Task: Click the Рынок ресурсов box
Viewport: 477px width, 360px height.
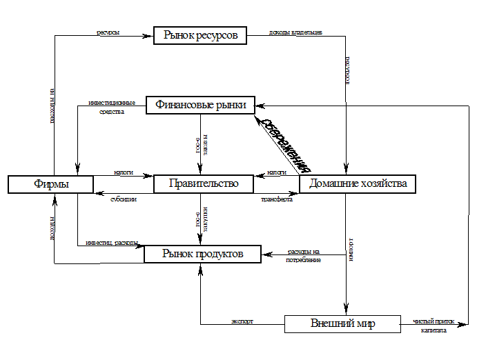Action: coord(200,35)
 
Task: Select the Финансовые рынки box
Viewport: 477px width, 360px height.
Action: coord(200,105)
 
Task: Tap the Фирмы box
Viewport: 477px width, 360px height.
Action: coord(50,184)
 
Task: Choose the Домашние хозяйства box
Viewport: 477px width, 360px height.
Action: coord(358,183)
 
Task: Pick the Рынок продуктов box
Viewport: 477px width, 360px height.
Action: coord(202,254)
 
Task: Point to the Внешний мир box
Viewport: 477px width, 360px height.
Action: coord(342,323)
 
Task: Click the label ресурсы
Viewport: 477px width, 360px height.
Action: coord(108,31)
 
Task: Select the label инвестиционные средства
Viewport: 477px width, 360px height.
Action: coord(112,106)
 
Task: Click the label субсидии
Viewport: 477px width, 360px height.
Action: coord(124,199)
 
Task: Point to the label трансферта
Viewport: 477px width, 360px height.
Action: coord(276,199)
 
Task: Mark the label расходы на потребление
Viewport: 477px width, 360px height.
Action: coord(303,254)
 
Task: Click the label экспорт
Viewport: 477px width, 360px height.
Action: coord(242,320)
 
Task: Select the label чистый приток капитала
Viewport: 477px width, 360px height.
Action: coord(434,325)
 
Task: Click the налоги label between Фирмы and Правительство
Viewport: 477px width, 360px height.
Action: coord(123,171)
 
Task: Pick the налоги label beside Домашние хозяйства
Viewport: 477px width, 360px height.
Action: coord(276,171)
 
